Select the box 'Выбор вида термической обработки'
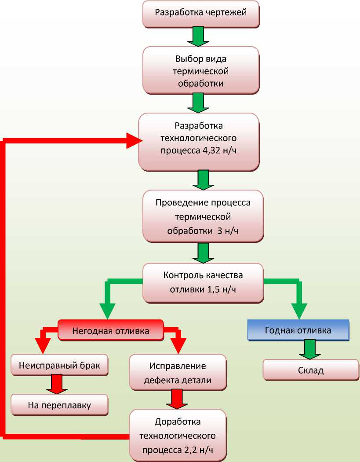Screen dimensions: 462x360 point(201,70)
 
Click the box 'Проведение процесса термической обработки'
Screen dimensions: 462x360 point(203,216)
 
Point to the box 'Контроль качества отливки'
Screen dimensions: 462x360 point(203,282)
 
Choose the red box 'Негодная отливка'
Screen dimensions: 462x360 point(110,330)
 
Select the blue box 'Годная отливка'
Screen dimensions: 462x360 point(298,330)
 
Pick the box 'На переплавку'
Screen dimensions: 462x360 point(59,405)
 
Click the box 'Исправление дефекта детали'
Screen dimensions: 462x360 point(178,372)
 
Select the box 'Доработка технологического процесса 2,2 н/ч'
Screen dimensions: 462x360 point(178,436)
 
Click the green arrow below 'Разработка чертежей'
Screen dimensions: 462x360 point(198,36)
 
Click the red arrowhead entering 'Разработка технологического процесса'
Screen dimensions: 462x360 point(133,141)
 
